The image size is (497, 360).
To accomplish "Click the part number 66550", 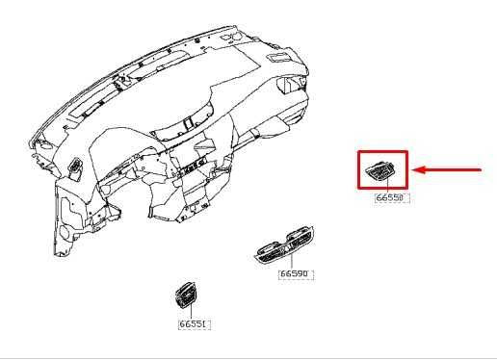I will pos(392,198).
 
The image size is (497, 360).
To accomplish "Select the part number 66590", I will pos(296,274).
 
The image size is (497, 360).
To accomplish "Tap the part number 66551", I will pos(195,324).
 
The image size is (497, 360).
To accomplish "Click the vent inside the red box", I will pos(382,171).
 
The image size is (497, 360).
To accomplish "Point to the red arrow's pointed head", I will pos(415,170).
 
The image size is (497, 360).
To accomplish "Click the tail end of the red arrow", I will pos(481,170).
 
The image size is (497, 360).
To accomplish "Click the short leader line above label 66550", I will pos(385,189).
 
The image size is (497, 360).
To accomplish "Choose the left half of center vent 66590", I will pos(271,251).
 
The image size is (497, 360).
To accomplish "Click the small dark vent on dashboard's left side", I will pos(75,172).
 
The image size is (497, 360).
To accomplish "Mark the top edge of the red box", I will pos(382,151).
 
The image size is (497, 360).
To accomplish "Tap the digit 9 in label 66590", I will pos(301,274).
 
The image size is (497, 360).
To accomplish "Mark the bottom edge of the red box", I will pos(382,190).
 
